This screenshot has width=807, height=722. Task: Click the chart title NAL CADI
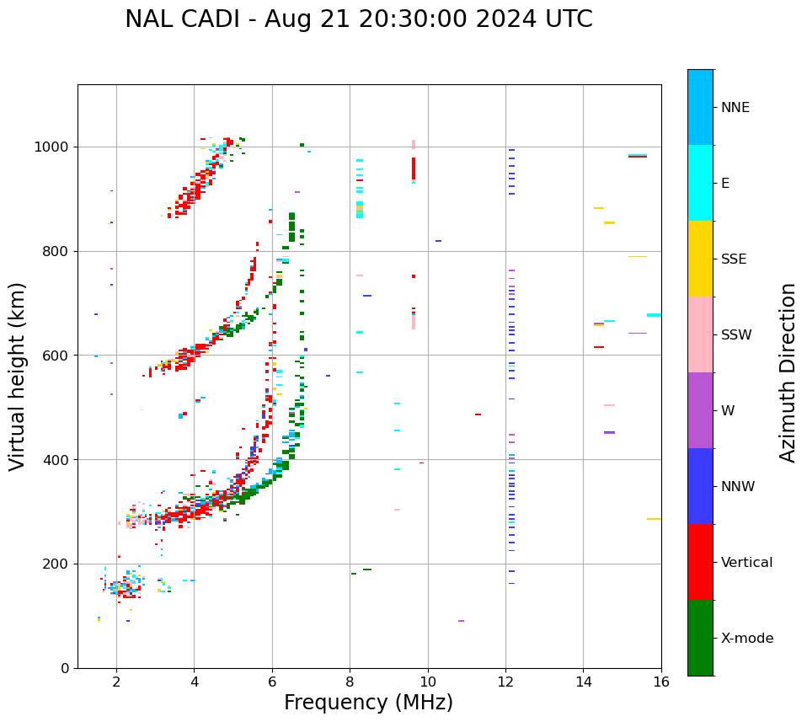click(358, 19)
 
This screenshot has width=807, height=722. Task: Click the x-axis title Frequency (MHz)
click(368, 703)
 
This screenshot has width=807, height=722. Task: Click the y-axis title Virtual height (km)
click(18, 377)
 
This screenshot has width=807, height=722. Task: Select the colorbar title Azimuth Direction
click(788, 372)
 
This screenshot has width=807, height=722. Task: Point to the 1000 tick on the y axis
click(58, 147)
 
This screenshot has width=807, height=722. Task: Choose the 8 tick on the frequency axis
click(350, 681)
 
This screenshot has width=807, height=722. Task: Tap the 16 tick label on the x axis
click(661, 681)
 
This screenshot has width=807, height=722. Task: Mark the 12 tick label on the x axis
click(505, 681)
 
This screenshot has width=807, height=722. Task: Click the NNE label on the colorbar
click(735, 108)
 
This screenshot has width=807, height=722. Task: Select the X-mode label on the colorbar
click(746, 639)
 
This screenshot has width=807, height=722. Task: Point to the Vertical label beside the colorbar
click(746, 563)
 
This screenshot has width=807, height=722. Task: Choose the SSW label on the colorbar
click(736, 335)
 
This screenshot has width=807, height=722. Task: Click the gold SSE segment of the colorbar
click(700, 259)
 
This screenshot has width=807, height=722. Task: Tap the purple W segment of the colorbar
click(700, 410)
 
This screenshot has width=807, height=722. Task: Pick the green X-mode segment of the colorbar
click(700, 638)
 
